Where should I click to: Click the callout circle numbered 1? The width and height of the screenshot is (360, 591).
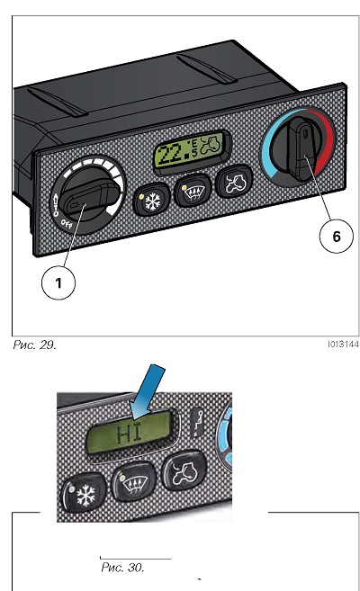click(x=58, y=282)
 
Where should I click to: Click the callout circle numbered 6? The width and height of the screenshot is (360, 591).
click(x=337, y=237)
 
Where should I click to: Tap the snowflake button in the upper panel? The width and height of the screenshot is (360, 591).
click(x=151, y=200)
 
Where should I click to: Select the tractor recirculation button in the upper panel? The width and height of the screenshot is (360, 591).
click(x=235, y=182)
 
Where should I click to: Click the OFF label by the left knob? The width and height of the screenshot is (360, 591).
click(x=67, y=225)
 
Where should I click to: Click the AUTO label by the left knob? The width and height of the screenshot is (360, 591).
click(x=56, y=205)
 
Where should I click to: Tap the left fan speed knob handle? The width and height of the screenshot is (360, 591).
click(x=92, y=196)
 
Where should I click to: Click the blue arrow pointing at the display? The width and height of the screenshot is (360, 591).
click(x=148, y=392)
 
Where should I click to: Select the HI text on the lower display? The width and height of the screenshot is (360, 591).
click(x=130, y=434)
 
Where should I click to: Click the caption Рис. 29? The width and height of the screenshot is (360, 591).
click(x=34, y=345)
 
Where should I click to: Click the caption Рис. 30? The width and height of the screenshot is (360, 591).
click(x=122, y=568)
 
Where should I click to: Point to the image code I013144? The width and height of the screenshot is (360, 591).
click(x=343, y=345)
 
